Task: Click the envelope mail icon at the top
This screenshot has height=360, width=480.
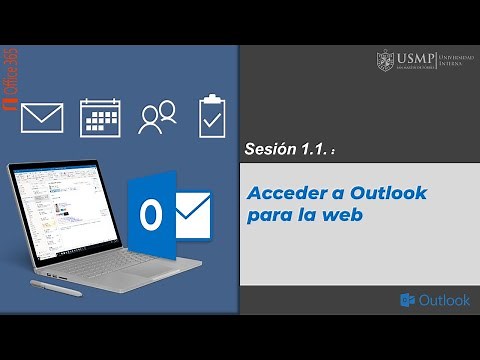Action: tap(42, 117)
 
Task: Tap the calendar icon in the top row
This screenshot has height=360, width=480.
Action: tap(100, 117)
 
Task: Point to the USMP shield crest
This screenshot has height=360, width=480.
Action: tap(385, 61)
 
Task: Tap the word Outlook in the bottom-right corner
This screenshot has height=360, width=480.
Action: tap(444, 300)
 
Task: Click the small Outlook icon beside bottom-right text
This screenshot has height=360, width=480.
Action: tap(407, 300)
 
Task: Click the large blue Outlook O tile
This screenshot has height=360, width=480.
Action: tap(151, 216)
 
